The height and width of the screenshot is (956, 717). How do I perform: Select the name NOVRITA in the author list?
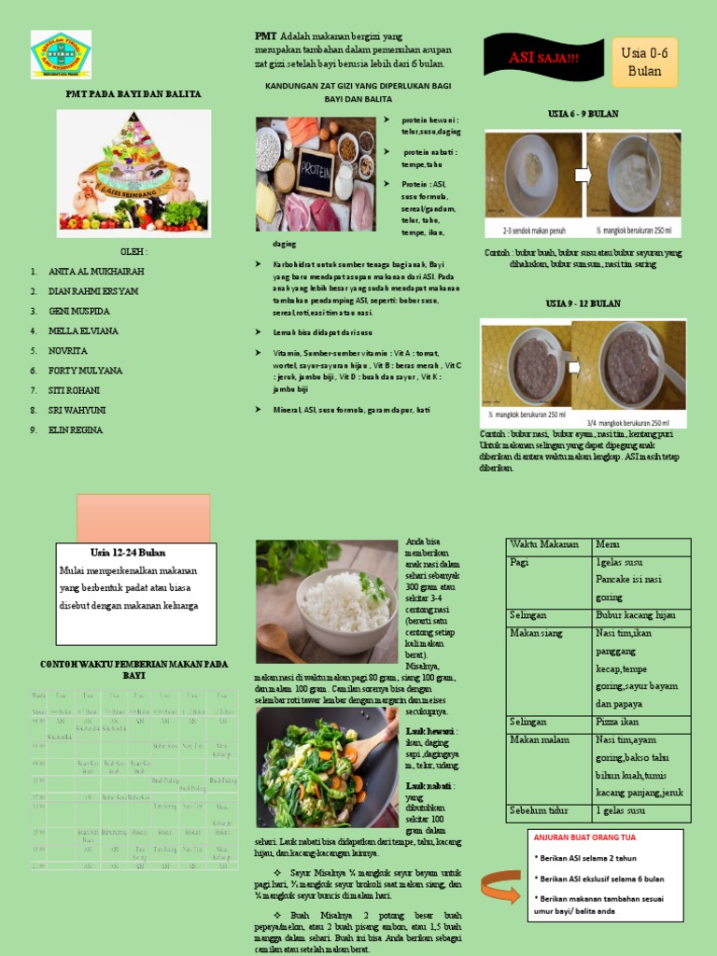68,351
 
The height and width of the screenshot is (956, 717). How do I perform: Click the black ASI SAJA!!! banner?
543,60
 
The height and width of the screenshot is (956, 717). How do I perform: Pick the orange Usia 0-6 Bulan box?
644,62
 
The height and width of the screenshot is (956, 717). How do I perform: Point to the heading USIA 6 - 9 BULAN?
583,114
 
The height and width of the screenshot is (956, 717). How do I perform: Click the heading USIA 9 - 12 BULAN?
583,304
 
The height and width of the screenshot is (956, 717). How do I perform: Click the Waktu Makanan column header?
544,545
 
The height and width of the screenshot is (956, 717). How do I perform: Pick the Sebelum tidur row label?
540,809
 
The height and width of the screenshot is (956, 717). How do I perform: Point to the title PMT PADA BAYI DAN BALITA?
133,94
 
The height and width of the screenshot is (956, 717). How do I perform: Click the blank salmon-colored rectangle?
143,518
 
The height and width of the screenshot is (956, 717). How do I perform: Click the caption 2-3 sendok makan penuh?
533,229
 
